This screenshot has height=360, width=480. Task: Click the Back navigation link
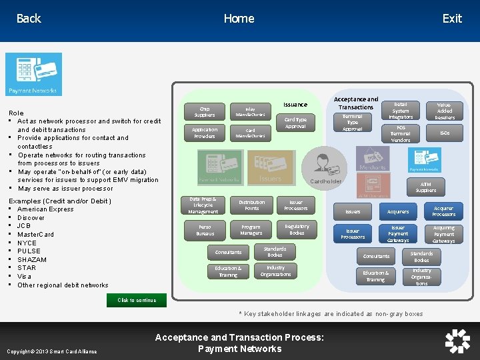coord(29,19)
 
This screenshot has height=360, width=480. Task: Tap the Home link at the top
coord(239,19)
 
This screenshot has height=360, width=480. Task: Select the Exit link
coord(452,19)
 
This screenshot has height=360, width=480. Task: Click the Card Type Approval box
coord(295,123)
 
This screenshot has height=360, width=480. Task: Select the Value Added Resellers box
coord(445,111)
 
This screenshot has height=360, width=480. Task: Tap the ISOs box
coord(445,133)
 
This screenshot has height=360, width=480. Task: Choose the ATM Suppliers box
coord(426,187)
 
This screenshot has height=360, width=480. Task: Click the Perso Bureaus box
coord(205,231)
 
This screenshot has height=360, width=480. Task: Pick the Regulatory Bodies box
coord(297,230)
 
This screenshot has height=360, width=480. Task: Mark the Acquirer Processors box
coord(443,211)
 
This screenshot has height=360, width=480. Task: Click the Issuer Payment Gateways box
coord(398,233)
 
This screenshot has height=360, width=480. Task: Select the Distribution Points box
coord(251,205)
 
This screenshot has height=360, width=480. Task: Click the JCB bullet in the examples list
coord(24,226)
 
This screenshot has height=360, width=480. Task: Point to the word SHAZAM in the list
coord(32,259)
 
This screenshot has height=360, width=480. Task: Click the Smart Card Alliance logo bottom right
coord(457,341)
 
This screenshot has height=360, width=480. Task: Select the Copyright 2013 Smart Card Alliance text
coord(51,351)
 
